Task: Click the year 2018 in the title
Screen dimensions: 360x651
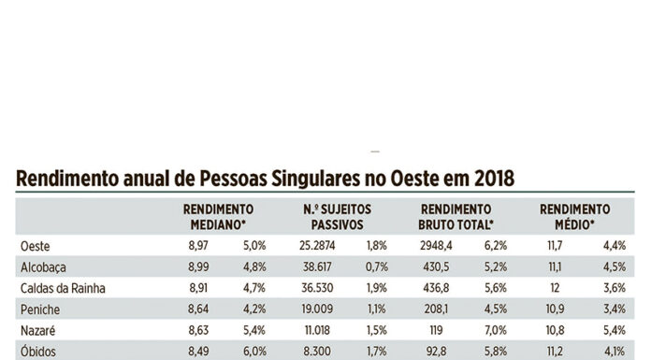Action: (489, 178)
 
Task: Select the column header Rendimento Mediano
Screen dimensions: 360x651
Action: (218, 217)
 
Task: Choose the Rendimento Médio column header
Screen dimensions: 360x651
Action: (574, 217)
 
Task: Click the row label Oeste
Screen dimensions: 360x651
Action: (35, 244)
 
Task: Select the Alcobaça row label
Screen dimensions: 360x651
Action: (43, 266)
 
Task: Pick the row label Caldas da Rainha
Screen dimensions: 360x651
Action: (65, 289)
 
